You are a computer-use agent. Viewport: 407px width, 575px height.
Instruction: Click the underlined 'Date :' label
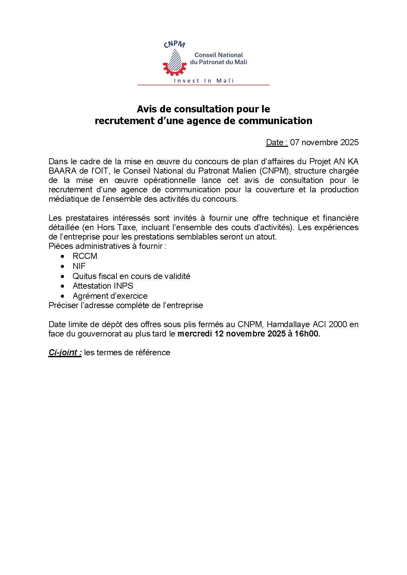click(x=277, y=142)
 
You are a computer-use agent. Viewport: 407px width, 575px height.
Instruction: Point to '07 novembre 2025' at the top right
click(x=324, y=142)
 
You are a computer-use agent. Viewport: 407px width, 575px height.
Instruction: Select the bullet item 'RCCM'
click(x=85, y=256)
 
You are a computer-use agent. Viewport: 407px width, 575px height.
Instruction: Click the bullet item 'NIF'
click(x=79, y=266)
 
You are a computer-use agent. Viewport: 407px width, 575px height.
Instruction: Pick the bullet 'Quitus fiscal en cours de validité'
click(x=131, y=276)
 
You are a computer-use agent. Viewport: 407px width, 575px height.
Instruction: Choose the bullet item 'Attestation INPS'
click(x=103, y=286)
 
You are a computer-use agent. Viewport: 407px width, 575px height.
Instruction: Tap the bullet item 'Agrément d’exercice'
click(x=110, y=296)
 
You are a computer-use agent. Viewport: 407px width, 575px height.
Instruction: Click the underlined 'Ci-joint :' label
click(x=65, y=353)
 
